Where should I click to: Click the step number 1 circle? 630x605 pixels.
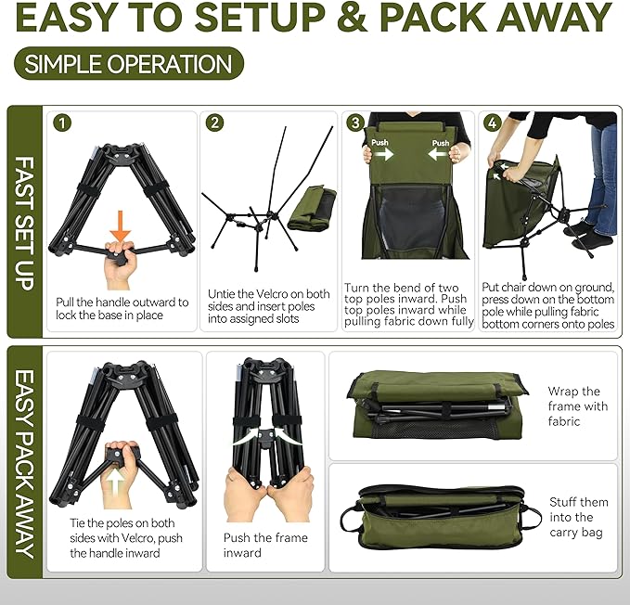(x=62, y=122)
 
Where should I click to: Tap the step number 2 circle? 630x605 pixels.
(x=214, y=122)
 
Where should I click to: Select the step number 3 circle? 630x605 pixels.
(x=354, y=122)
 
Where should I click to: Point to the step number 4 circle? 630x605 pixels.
(x=492, y=122)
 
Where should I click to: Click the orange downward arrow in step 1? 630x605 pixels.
(x=121, y=225)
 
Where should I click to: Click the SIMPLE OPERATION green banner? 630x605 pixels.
(x=129, y=64)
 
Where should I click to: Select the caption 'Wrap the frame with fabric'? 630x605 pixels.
(x=577, y=406)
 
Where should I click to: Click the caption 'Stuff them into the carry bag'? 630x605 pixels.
(x=577, y=517)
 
